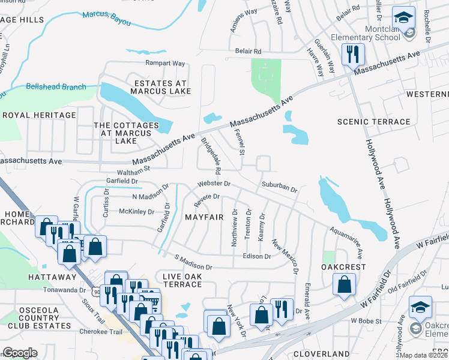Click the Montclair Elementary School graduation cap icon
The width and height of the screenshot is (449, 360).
coord(405,17)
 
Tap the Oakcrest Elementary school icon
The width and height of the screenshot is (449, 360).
coord(420,308)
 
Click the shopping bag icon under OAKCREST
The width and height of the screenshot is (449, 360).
coord(345,286)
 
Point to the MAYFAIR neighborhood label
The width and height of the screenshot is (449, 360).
coord(204,217)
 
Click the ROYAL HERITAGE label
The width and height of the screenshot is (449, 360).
coord(40,115)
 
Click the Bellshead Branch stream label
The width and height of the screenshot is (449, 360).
coord(56,87)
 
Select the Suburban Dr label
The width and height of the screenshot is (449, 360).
coord(279,187)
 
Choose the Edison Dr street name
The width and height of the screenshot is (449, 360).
coord(256,256)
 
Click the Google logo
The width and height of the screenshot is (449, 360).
coord(20,353)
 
